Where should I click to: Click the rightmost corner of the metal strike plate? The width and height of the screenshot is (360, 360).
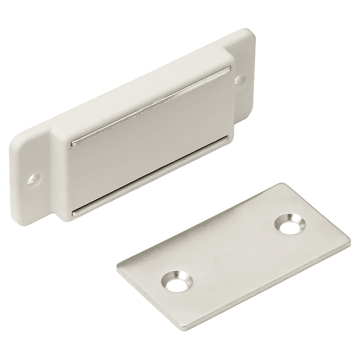(349, 243)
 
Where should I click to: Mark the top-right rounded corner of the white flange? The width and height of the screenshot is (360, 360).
(252, 34)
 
